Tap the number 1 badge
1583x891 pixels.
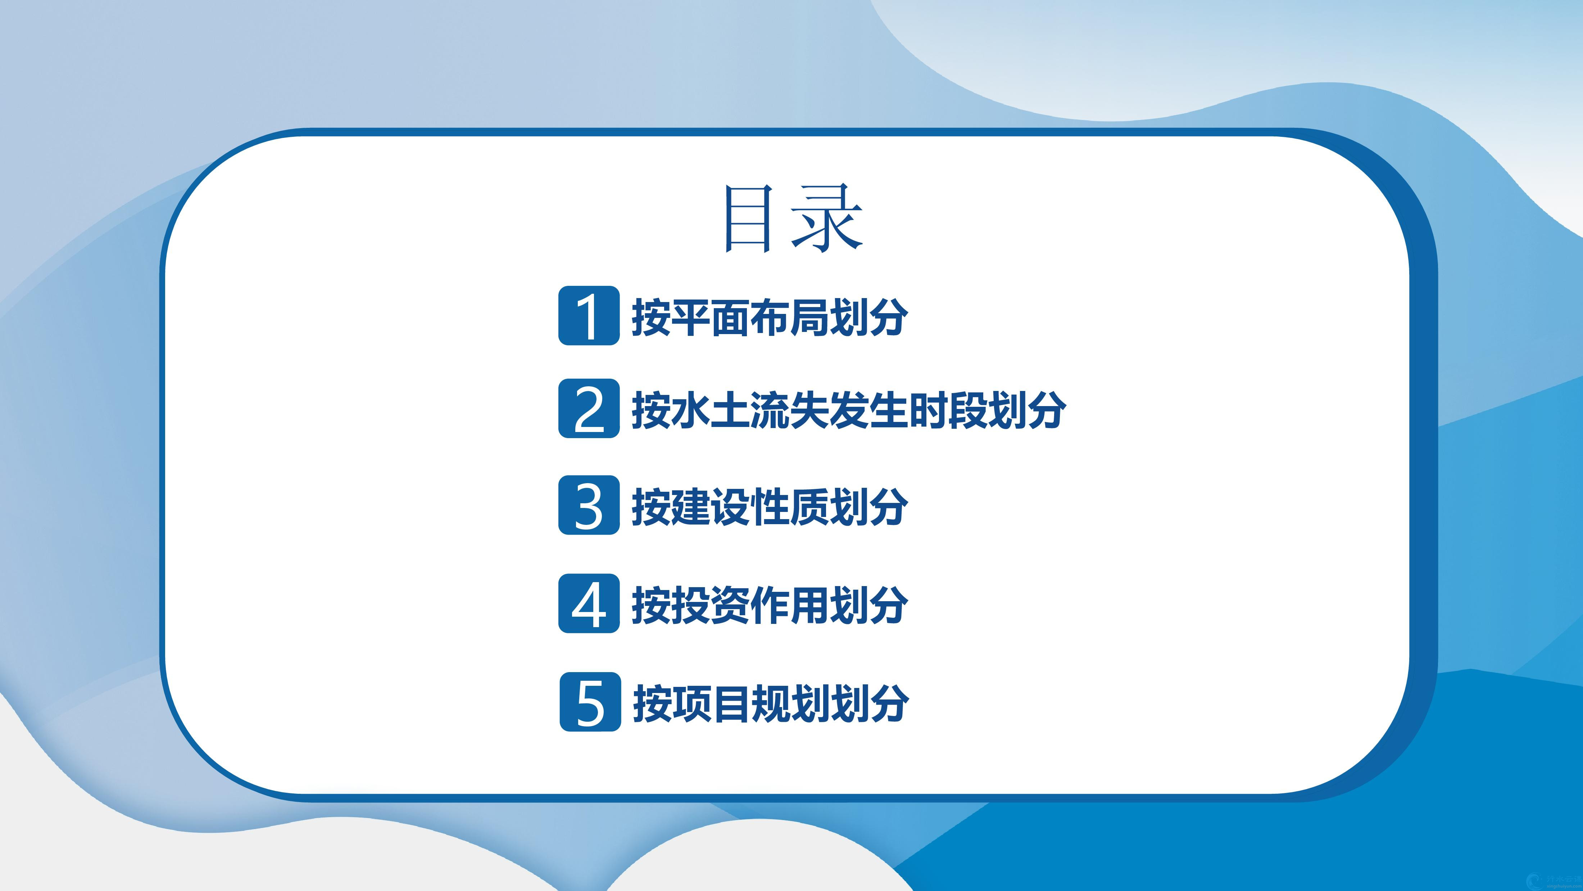(589, 315)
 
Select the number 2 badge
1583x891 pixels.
(589, 408)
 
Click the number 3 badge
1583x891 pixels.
(589, 505)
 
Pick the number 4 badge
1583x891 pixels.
(589, 603)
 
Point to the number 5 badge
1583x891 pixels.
(590, 702)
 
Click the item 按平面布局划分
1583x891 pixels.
(770, 317)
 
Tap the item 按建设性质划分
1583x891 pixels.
(770, 507)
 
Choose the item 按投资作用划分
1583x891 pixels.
(770, 605)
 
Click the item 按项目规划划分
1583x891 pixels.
(771, 703)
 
